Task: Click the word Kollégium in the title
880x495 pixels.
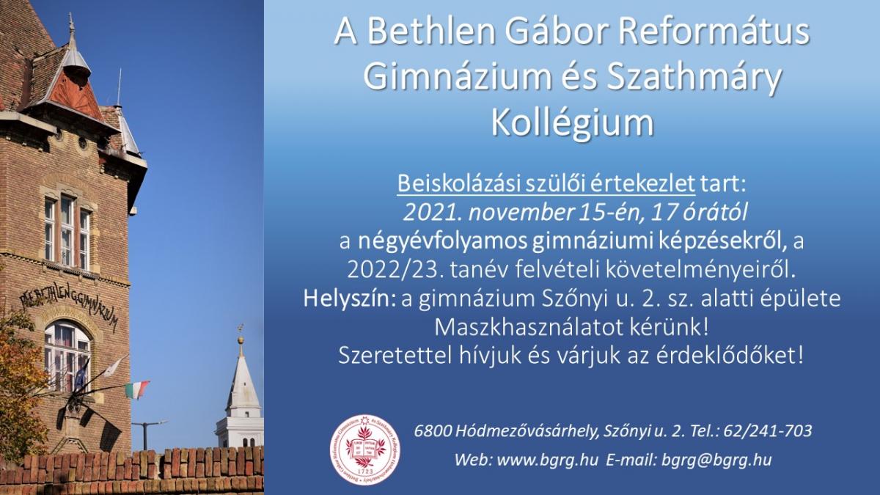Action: (573, 122)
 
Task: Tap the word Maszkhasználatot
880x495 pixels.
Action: (529, 327)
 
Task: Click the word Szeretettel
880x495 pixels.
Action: (395, 356)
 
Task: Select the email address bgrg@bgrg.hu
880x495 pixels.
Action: (716, 460)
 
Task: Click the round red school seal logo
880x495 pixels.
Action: (365, 450)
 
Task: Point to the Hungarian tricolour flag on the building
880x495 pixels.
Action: (136, 389)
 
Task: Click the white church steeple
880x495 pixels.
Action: (241, 393)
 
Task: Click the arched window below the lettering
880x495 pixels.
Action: (67, 356)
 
